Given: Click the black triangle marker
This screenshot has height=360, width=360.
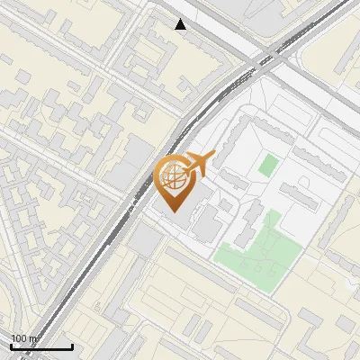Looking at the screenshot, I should click(x=181, y=24).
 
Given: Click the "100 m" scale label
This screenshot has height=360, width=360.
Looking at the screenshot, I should click(x=24, y=338).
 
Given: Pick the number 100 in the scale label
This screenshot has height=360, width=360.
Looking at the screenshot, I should click(x=20, y=338).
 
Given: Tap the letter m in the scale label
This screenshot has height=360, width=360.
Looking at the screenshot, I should click(x=34, y=339).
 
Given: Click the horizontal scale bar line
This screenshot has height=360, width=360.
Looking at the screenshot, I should click(x=41, y=346).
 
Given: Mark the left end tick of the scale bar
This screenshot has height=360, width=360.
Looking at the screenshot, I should click(x=11, y=345).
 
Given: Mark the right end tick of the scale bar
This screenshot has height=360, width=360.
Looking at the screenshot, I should click(x=73, y=345).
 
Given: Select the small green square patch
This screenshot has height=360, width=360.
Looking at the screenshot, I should click(x=268, y=166).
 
